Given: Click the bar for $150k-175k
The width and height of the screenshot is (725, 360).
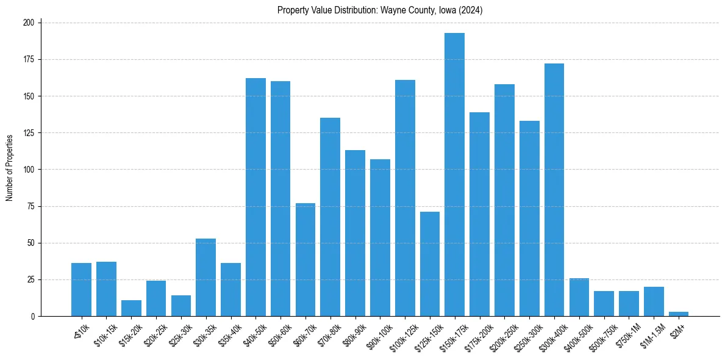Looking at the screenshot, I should pos(454,175).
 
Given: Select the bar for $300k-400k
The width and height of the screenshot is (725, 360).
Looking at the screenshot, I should pos(554,190).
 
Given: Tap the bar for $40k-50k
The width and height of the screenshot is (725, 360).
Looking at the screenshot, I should pos(255,197).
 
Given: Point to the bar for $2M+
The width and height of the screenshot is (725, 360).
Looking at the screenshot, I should pos(679,314).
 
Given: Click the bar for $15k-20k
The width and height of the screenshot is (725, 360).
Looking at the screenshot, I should pos(131,308).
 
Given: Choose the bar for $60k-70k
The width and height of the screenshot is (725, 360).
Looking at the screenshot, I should pos(305,260).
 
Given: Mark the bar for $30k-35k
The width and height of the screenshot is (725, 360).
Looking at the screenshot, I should pos(205,278).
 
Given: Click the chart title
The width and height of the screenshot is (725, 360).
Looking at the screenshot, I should pos(380,10).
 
